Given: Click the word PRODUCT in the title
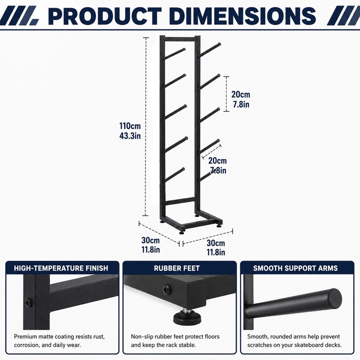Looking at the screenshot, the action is (105, 16).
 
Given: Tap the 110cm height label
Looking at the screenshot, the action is (130, 126).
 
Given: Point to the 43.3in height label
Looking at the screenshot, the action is (130, 136).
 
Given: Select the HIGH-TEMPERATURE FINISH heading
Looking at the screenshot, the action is (61, 268).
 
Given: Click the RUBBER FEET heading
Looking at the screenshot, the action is (177, 268).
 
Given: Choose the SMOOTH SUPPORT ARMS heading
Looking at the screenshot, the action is (296, 268).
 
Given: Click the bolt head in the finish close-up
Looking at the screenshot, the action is (28, 303).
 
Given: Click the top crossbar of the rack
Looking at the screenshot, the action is (180, 39).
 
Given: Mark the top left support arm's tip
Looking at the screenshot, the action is (184, 49).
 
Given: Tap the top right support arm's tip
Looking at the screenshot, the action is (219, 44).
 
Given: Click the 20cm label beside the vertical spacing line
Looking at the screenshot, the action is (241, 94).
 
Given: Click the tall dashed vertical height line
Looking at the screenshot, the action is (145, 126).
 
